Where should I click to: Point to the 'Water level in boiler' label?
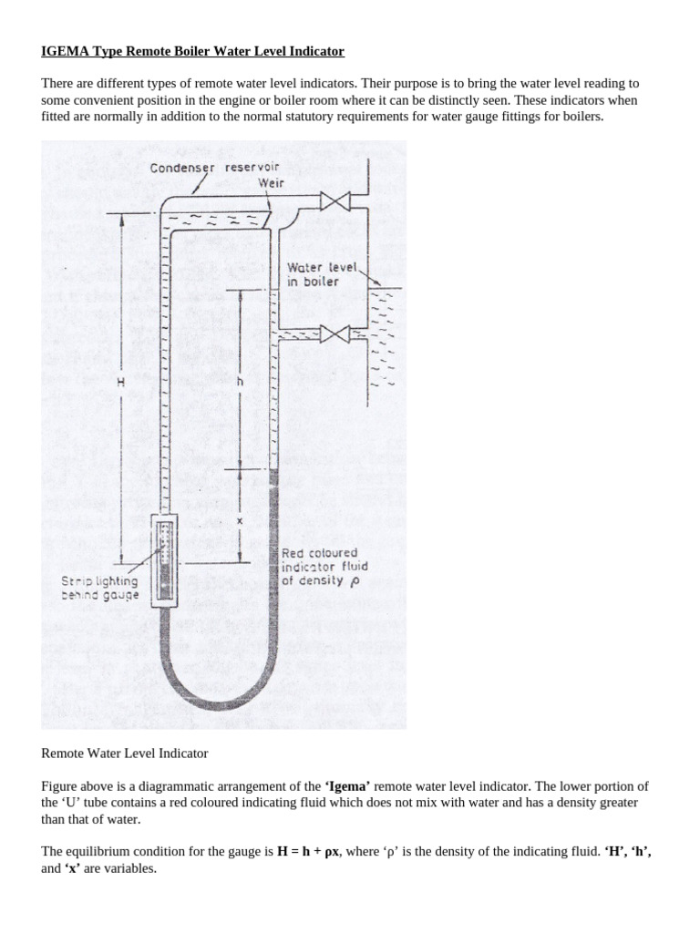coord(314,274)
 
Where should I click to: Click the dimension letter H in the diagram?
coord(120,384)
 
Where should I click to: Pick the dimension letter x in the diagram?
coord(240,520)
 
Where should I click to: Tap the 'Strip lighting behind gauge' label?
coord(100,588)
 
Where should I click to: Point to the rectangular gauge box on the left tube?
coord(167,559)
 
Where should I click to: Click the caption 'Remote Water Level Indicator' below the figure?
coord(125,754)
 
